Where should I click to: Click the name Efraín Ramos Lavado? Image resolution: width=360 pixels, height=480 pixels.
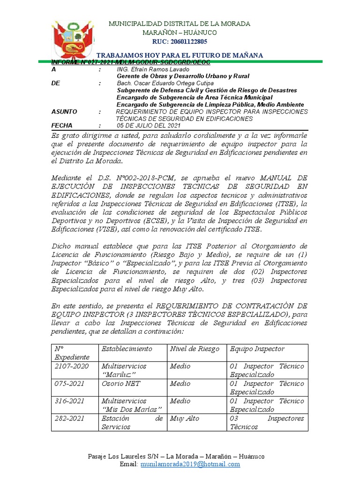tap(150, 69)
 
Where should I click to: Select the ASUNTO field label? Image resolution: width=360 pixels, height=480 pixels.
tap(64, 112)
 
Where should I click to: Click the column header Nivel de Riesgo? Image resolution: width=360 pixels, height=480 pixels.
tap(195, 349)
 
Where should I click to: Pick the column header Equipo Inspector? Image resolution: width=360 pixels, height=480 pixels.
tap(257, 349)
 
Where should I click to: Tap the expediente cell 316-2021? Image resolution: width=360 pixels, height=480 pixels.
tap(70, 401)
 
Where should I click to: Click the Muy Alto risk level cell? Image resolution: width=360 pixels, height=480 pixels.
tap(184, 418)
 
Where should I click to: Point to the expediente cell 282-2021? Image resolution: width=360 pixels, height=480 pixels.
tap(70, 418)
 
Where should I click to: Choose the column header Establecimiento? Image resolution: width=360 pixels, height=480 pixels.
tap(127, 349)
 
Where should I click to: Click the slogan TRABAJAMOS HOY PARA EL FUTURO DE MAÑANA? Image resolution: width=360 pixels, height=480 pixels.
tap(180, 55)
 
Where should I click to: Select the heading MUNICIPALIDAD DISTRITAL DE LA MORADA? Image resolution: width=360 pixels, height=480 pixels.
tap(180, 23)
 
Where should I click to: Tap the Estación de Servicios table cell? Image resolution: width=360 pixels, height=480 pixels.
tap(132, 422)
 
